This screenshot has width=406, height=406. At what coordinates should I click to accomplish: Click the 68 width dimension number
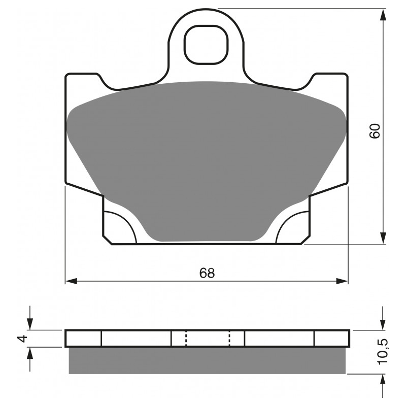pyautogui.click(x=207, y=273)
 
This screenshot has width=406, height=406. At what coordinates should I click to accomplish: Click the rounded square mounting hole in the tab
pyautogui.click(x=205, y=45)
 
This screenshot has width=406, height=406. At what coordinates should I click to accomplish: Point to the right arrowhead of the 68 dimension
pyautogui.click(x=344, y=281)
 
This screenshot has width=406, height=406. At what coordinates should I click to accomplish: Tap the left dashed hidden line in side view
pyautogui.click(x=186, y=339)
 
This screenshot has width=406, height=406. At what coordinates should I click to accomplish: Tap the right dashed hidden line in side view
pyautogui.click(x=230, y=339)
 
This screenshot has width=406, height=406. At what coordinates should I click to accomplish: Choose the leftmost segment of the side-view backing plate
pyautogui.click(x=84, y=339)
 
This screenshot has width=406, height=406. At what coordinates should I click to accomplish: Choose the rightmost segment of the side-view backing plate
pyautogui.click(x=331, y=339)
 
